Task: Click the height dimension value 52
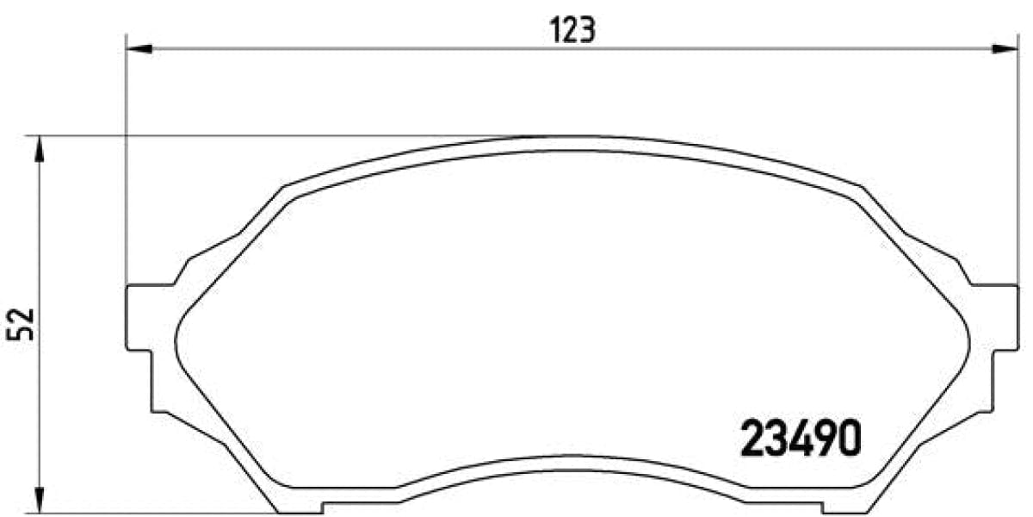[x=22, y=323]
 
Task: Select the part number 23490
[x=800, y=440]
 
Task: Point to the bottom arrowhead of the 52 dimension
[x=38, y=497]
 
